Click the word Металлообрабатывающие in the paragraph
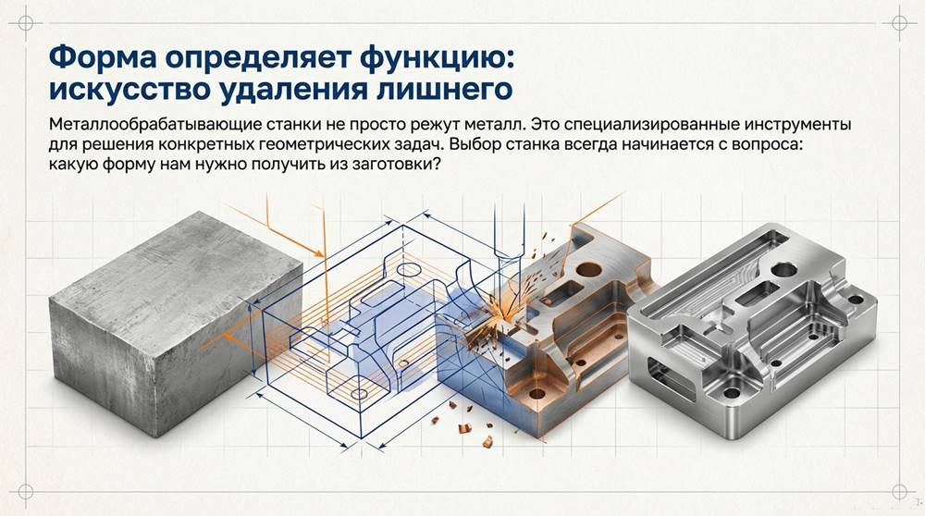(x=145, y=125)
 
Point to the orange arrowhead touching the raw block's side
(x=320, y=252)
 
